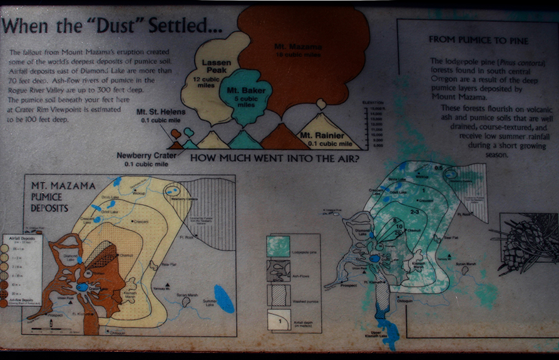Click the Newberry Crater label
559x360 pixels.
[146, 159]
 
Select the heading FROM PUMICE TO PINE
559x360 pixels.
[478, 40]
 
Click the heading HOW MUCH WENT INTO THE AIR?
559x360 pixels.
[275, 158]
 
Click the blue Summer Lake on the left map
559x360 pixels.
[223, 299]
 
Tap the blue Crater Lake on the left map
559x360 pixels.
[83, 287]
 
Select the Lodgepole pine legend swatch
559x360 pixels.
[279, 246]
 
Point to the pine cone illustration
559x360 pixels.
[524, 244]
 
